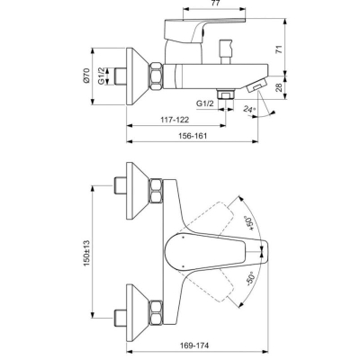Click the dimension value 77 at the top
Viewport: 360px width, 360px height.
tap(216, 4)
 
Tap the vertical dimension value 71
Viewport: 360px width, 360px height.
tap(279, 49)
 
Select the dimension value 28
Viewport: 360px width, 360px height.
tap(279, 87)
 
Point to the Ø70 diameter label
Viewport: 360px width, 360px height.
tap(86, 76)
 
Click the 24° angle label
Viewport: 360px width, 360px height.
tap(249, 109)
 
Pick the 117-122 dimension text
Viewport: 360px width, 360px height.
tap(175, 120)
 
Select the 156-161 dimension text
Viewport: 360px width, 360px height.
tap(193, 136)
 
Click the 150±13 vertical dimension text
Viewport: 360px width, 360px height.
tap(86, 253)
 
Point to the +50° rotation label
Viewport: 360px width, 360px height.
tap(249, 223)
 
